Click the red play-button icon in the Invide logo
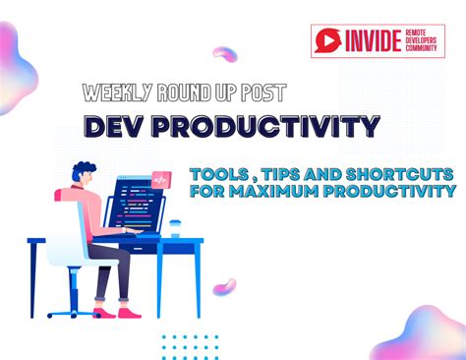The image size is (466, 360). pos(327,41)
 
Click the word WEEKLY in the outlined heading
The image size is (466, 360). pos(116,93)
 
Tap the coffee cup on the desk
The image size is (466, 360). pos(175,227)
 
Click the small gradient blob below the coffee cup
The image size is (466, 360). pos(225,287)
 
